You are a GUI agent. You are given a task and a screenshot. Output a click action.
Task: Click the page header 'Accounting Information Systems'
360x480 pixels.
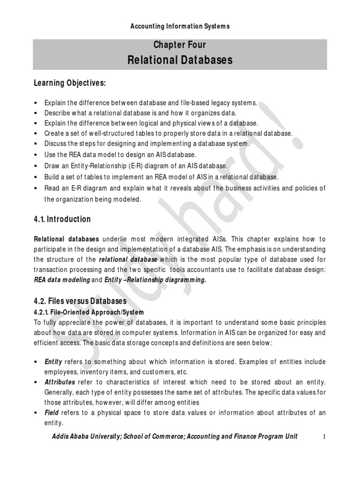(180, 26)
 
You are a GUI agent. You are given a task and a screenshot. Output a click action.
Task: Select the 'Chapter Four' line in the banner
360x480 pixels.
(180, 45)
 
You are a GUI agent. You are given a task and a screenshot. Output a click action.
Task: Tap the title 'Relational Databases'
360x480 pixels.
(180, 60)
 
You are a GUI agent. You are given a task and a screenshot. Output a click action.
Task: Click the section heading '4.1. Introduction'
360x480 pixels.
(62, 219)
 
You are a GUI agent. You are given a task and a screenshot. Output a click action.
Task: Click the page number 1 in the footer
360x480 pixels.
(323, 437)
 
